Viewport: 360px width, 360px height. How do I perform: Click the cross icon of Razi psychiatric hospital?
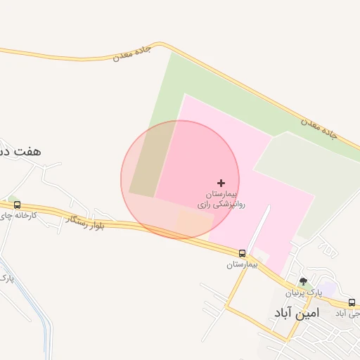click(221, 182)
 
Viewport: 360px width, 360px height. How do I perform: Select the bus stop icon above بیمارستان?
click(242, 253)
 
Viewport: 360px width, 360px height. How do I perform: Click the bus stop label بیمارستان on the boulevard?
click(242, 264)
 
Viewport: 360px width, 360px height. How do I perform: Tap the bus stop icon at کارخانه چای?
click(17, 205)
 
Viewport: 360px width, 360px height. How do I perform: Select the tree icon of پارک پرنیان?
click(304, 281)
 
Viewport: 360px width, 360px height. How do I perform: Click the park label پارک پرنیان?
click(303, 292)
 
